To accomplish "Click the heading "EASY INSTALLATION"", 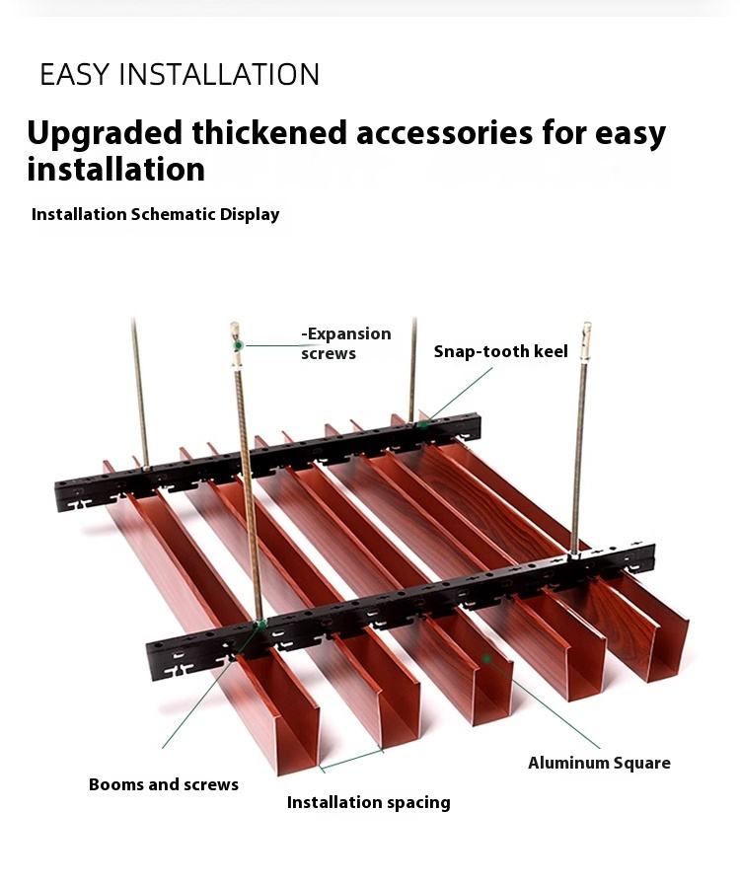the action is click(x=180, y=74).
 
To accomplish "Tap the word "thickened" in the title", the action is click(x=268, y=132).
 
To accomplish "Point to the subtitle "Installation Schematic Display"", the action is click(x=155, y=214).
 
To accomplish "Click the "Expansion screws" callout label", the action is click(x=345, y=343).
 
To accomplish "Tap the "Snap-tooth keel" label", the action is click(x=500, y=351).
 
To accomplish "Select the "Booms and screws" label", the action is click(x=164, y=784).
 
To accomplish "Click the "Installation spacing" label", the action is click(x=368, y=802).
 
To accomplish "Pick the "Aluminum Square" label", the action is click(x=599, y=763).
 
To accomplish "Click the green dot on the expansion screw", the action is click(x=238, y=345).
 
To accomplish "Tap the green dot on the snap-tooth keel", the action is click(x=421, y=424).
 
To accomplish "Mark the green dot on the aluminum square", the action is click(x=485, y=656).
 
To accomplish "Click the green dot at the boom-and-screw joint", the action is click(x=260, y=624).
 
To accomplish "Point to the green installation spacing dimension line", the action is click(x=351, y=758).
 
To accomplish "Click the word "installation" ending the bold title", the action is click(x=115, y=169).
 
